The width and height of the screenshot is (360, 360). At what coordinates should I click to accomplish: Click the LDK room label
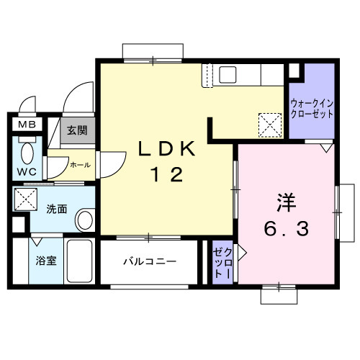[x=166, y=149]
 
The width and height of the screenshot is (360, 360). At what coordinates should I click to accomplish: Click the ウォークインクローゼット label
[x=312, y=108]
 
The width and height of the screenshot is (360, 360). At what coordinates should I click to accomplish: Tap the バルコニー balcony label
[x=149, y=261]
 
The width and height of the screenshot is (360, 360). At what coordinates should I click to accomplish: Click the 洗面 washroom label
[x=57, y=210]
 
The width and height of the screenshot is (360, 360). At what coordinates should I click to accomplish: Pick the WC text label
[x=26, y=172]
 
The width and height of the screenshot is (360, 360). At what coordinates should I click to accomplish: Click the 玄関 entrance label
[x=77, y=131]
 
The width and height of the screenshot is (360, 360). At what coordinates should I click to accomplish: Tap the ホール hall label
[x=80, y=165]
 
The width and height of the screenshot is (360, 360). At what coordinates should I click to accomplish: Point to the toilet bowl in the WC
[x=27, y=152]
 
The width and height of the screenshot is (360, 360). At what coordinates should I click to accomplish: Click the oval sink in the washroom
[x=84, y=220]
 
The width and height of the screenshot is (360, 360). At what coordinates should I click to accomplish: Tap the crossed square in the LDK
[x=271, y=123]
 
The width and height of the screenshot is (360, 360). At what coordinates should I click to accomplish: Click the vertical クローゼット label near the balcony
[x=222, y=264]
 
